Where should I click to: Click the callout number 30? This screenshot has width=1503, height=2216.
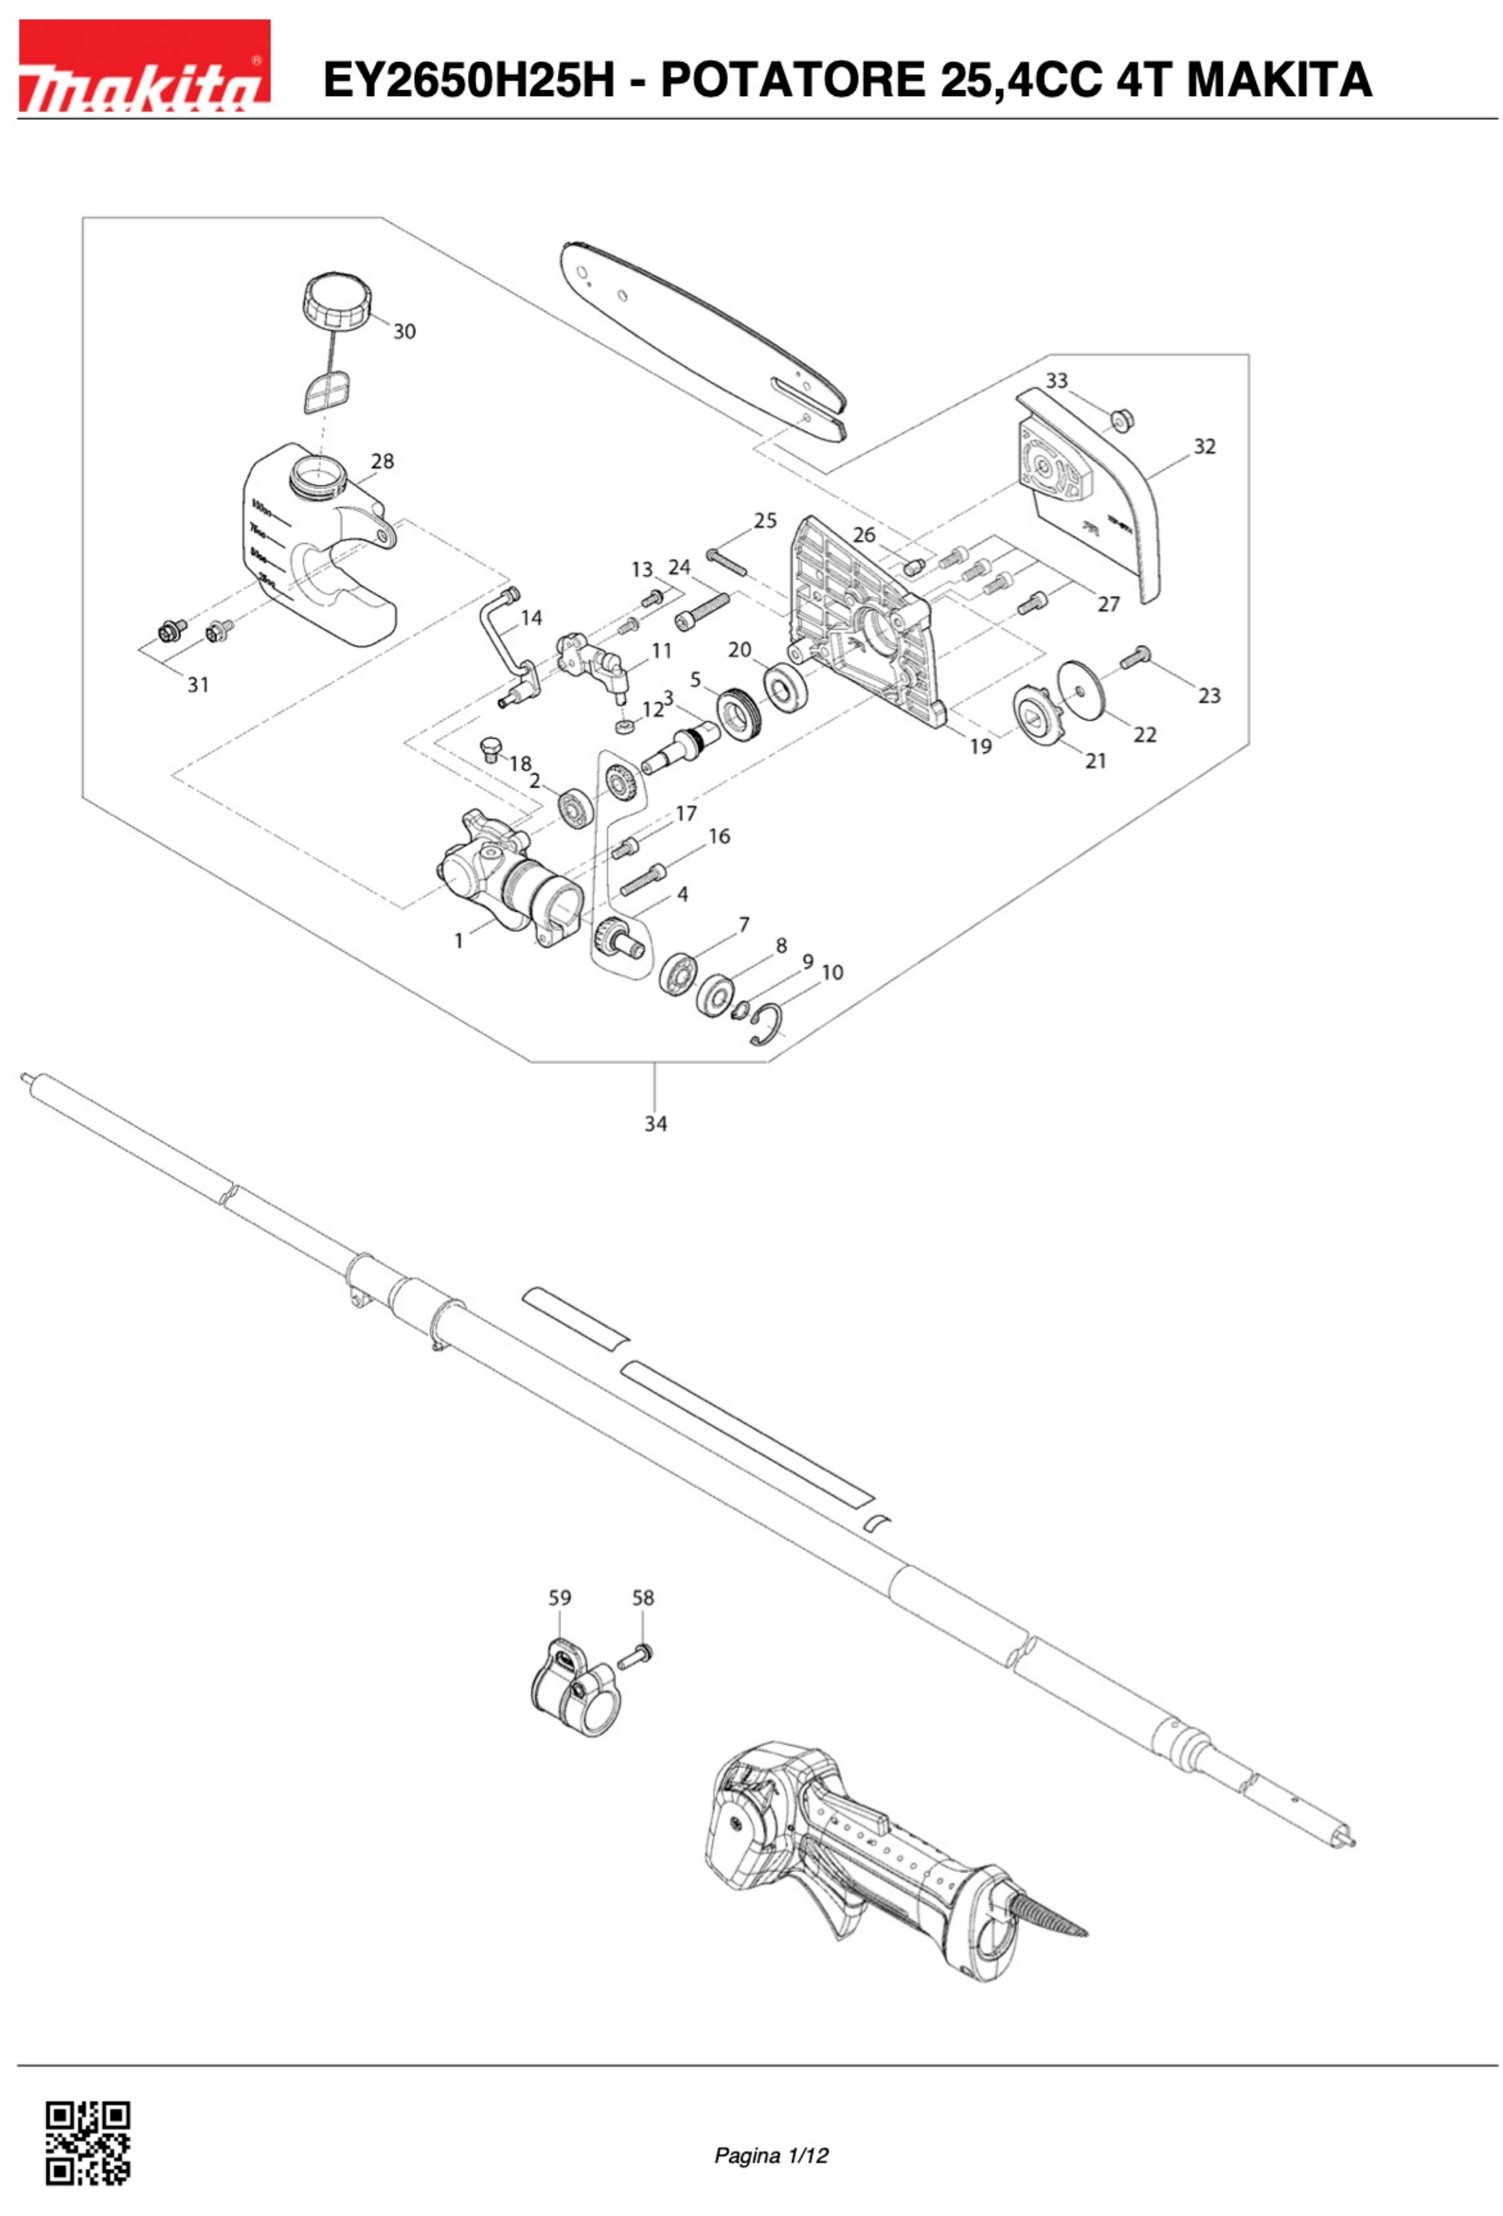click(x=405, y=332)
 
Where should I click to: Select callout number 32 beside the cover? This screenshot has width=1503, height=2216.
click(x=1205, y=446)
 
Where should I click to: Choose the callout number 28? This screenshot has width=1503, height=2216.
click(x=382, y=461)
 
